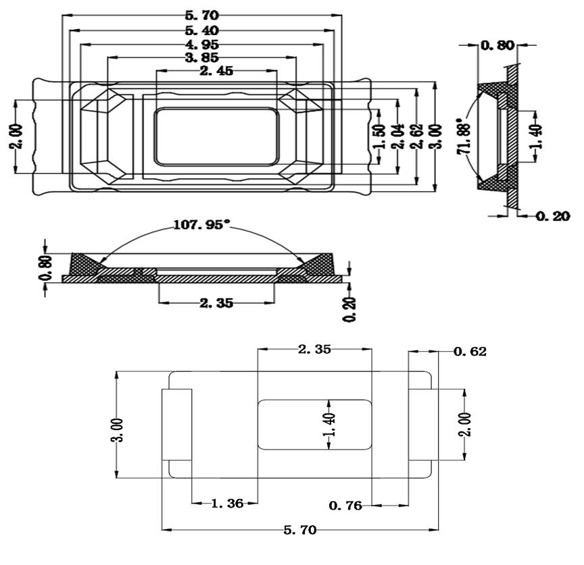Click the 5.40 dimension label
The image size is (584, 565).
point(202,30)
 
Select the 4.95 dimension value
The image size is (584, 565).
point(202,45)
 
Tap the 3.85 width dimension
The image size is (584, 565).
point(202,58)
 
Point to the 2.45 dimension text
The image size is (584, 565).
point(216,71)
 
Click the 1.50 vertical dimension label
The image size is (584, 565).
point(380,137)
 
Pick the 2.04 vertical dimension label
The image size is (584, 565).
point(399,137)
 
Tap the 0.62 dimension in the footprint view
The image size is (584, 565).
point(470,352)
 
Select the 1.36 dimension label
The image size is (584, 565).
point(224,504)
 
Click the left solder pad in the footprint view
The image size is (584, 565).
point(176,424)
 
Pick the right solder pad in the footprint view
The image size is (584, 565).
point(423,424)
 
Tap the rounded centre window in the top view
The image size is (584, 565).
point(216,136)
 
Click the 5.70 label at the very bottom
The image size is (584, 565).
point(299,531)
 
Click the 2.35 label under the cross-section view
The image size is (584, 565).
point(216,303)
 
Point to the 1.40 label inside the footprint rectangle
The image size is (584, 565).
point(330,424)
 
